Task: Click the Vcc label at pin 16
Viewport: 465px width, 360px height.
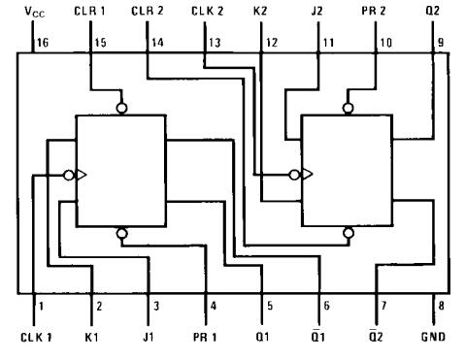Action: pos(35,12)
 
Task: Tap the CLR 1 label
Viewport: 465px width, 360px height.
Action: pos(89,11)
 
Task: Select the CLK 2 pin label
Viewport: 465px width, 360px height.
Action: pos(207,11)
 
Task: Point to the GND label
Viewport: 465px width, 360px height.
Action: pos(433,337)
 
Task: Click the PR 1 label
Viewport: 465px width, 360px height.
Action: pos(205,337)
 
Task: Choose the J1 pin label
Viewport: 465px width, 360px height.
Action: pos(149,337)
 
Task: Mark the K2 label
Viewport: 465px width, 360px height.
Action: pos(260,11)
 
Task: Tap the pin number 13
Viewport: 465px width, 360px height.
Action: pos(215,43)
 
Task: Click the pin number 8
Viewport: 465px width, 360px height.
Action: pos(441,306)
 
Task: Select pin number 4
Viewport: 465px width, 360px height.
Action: pos(214,306)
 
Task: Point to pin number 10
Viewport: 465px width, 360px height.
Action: pos(385,43)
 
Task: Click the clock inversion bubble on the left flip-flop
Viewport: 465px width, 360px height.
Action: pos(69,176)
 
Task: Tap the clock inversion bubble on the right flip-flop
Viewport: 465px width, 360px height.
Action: pos(294,175)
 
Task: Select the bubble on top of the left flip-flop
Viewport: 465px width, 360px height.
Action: pos(121,108)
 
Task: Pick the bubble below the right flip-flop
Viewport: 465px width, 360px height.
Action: pos(349,233)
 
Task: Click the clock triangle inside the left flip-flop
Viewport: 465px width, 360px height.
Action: pos(82,176)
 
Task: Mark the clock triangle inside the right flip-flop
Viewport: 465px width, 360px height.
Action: pos(307,175)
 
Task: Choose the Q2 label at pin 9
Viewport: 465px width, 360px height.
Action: pos(433,11)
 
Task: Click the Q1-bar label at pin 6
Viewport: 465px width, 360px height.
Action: pos(317,336)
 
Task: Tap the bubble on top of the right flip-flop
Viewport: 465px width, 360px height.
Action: pos(348,108)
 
